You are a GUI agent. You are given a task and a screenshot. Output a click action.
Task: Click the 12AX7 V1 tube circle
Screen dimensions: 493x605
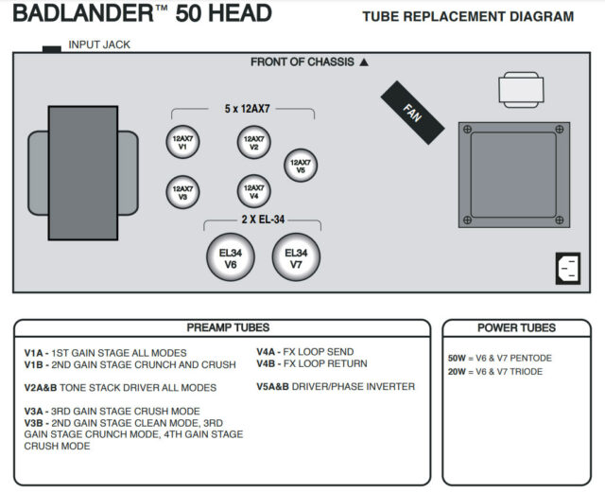point(182,143)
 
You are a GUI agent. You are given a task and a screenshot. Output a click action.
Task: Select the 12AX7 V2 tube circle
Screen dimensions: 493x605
point(254,143)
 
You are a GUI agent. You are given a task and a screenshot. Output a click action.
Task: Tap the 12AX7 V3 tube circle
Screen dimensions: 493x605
point(182,192)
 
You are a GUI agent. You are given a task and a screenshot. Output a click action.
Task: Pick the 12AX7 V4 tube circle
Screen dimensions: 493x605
point(254,192)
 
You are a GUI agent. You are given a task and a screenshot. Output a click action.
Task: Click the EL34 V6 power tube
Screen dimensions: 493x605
point(231,258)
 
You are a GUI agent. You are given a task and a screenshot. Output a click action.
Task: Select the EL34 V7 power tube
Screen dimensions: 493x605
point(296,258)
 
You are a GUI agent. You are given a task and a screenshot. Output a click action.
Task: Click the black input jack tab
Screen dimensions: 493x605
point(51,47)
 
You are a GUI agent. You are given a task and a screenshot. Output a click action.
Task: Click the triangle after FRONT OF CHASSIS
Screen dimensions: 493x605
point(364,62)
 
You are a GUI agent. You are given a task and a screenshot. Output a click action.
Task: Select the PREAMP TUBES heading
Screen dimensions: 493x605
point(228,327)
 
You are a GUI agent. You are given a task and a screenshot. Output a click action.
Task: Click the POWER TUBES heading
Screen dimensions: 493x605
point(516,327)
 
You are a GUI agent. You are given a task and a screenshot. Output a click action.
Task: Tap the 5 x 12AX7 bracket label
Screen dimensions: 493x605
point(255,110)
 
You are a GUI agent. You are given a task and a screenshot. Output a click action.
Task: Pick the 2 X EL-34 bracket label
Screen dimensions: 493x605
point(263,220)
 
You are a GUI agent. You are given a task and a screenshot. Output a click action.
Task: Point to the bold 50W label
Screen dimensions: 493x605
point(458,358)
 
